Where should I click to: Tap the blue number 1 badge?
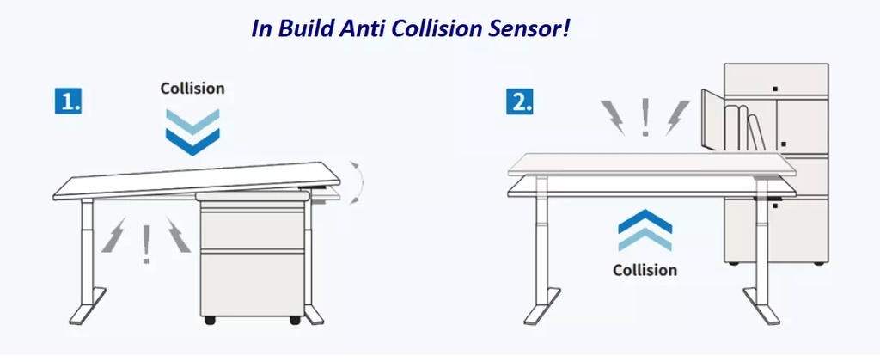pos(69,101)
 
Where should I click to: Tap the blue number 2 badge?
pos(520,101)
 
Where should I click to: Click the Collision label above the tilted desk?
pos(192,88)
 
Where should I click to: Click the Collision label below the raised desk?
pos(645,270)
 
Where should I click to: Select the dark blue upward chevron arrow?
pos(645,221)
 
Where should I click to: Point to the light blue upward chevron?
pos(645,240)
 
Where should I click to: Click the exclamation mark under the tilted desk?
pos(146,245)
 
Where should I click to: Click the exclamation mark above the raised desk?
pos(645,117)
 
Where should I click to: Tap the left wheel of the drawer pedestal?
pos(210,321)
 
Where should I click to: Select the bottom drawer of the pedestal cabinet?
pos(252,284)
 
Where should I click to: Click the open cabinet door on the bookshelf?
pos(711,120)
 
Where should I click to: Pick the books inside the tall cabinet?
pos(744,128)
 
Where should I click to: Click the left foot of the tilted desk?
pos(88,306)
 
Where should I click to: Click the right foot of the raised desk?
pos(761,306)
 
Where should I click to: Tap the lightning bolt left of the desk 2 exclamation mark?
pos(613,117)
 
